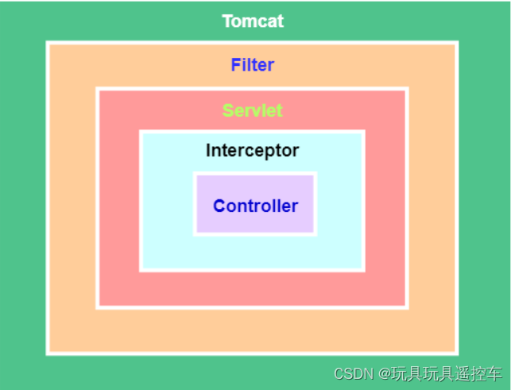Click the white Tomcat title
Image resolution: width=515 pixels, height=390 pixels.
click(x=253, y=21)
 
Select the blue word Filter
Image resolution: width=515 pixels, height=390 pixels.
click(x=253, y=64)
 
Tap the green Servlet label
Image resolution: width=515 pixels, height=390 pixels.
click(x=253, y=110)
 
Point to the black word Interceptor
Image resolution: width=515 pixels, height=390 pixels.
click(x=252, y=151)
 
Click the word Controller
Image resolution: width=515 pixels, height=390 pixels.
click(x=256, y=207)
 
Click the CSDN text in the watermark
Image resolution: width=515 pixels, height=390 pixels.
click(x=354, y=374)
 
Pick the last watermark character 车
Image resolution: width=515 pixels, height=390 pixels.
click(x=494, y=374)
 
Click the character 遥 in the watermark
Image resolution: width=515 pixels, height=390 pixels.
click(x=463, y=374)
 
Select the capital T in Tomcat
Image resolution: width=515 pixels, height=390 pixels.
click(x=227, y=21)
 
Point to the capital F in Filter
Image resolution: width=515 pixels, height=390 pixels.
click(x=236, y=64)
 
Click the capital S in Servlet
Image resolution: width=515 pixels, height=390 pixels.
click(x=228, y=110)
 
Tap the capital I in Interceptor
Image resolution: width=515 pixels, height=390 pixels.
click(x=208, y=150)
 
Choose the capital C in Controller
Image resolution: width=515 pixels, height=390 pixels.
click(x=219, y=207)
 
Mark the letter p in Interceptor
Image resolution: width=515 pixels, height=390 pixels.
click(x=269, y=153)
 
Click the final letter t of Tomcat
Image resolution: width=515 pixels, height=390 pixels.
click(x=281, y=21)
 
